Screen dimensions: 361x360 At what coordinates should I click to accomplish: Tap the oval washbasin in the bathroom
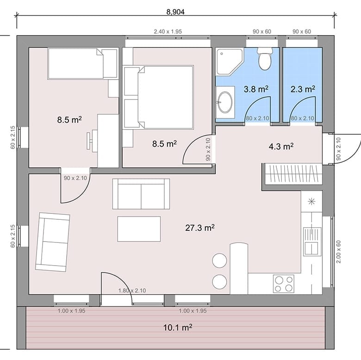click(x=225, y=102)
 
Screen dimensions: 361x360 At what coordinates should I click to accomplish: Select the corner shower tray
click(x=229, y=62)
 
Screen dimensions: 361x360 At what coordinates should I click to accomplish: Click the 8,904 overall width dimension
click(x=175, y=12)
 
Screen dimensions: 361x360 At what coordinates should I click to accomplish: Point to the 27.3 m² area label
click(x=200, y=228)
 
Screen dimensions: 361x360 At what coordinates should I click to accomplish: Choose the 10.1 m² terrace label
click(x=178, y=327)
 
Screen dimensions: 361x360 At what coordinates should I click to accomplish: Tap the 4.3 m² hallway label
click(x=281, y=146)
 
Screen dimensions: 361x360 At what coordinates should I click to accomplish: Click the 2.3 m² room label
click(x=303, y=89)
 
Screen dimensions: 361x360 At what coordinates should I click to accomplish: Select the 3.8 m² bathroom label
click(x=256, y=89)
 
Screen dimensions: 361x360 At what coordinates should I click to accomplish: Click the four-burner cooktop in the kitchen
click(x=284, y=284)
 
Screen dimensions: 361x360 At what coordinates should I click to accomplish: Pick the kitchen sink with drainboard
click(x=312, y=242)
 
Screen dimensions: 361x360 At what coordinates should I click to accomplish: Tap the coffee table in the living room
click(x=139, y=229)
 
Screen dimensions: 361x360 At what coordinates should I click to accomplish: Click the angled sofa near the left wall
click(x=52, y=242)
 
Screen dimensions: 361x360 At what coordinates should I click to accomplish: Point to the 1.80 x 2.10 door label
click(x=132, y=291)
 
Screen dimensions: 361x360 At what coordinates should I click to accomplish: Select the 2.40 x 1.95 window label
click(x=168, y=31)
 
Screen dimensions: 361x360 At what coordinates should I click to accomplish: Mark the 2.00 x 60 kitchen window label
click(x=338, y=252)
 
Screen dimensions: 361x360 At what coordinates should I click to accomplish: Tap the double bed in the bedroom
click(x=158, y=97)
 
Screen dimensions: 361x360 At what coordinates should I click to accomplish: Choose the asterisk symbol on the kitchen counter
click(x=311, y=201)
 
